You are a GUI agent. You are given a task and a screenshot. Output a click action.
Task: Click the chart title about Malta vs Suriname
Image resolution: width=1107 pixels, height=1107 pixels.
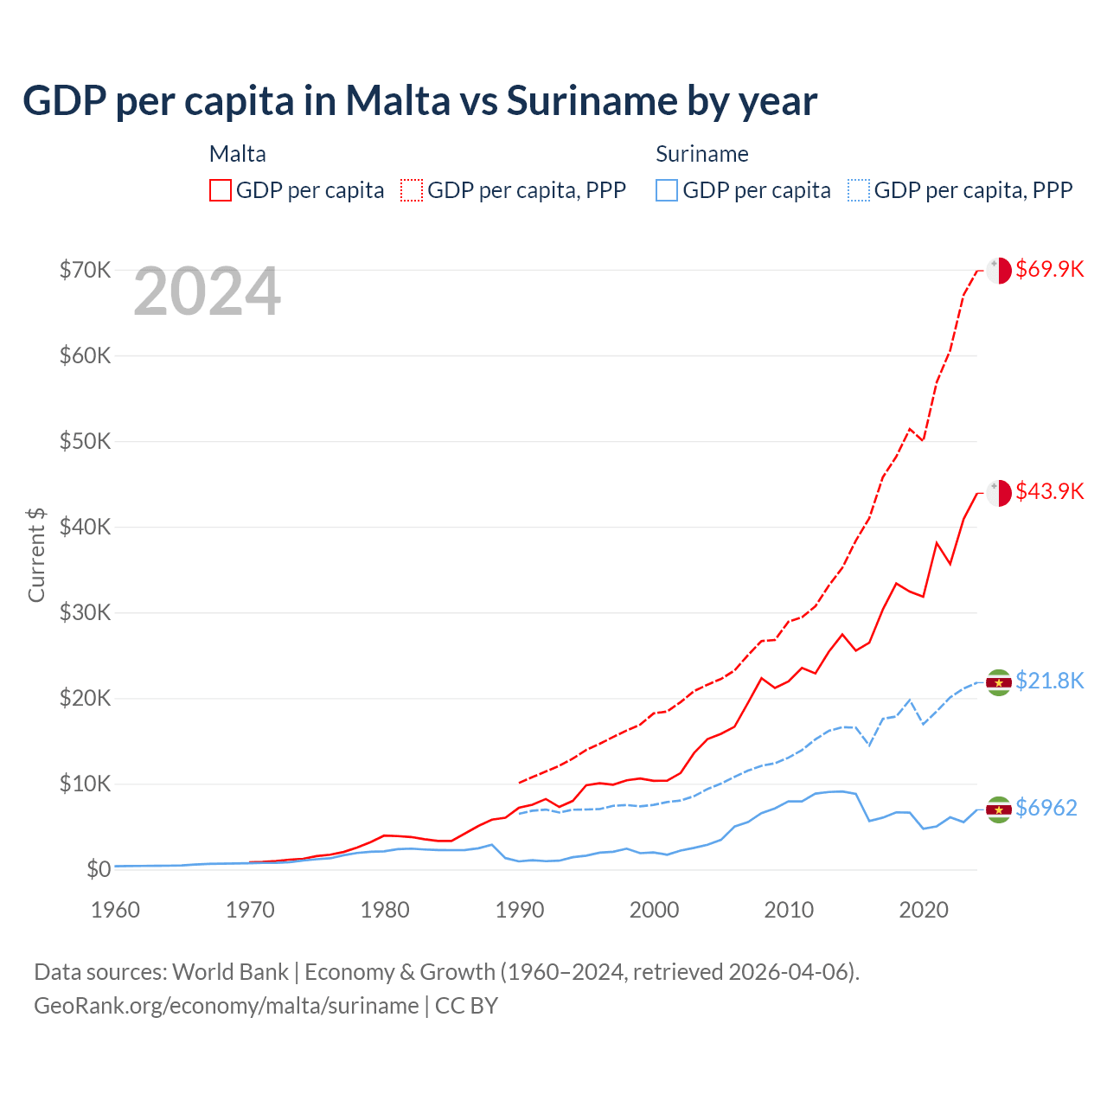pyautogui.click(x=419, y=101)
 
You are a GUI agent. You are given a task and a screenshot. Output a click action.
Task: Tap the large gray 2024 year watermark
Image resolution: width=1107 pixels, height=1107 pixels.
pyautogui.click(x=208, y=292)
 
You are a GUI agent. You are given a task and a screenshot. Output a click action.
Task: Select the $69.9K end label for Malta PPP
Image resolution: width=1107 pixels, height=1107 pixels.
pyautogui.click(x=1049, y=269)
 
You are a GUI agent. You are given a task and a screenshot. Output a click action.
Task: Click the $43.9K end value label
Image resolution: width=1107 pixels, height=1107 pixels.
pyautogui.click(x=1049, y=491)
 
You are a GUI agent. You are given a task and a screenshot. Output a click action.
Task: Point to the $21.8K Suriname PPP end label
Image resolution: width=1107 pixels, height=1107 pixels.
pyautogui.click(x=1049, y=681)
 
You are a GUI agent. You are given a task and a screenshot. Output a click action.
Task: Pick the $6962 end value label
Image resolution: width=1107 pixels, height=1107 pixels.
pyautogui.click(x=1046, y=808)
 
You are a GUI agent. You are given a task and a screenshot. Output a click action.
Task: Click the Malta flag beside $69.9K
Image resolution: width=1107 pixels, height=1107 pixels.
pyautogui.click(x=999, y=270)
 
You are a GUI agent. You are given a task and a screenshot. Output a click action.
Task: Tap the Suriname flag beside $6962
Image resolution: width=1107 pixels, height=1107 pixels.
pyautogui.click(x=999, y=809)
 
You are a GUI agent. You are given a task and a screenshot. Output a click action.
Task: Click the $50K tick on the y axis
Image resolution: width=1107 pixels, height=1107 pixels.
pyautogui.click(x=85, y=441)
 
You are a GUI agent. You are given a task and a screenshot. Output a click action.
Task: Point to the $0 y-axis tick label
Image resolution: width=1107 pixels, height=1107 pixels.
pyautogui.click(x=99, y=869)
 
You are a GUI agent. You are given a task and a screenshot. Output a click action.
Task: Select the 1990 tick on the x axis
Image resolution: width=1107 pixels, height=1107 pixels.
pyautogui.click(x=519, y=910)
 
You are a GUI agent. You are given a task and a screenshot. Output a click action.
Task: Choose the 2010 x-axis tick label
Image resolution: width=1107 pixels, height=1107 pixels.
pyautogui.click(x=789, y=910)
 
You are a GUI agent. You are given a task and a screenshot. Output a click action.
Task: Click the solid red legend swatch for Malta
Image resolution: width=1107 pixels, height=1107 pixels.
pyautogui.click(x=221, y=190)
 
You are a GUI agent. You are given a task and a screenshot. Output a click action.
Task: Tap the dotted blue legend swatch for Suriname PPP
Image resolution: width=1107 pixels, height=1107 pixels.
pyautogui.click(x=859, y=190)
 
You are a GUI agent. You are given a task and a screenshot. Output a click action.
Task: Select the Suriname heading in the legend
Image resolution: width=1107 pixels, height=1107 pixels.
pyautogui.click(x=701, y=154)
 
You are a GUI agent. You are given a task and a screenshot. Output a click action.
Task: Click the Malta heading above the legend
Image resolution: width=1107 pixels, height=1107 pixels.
pyautogui.click(x=238, y=154)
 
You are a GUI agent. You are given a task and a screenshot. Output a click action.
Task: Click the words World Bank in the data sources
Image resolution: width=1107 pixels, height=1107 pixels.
pyautogui.click(x=230, y=972)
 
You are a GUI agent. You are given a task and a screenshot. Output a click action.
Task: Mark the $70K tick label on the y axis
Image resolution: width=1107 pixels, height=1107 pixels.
pyautogui.click(x=85, y=270)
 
